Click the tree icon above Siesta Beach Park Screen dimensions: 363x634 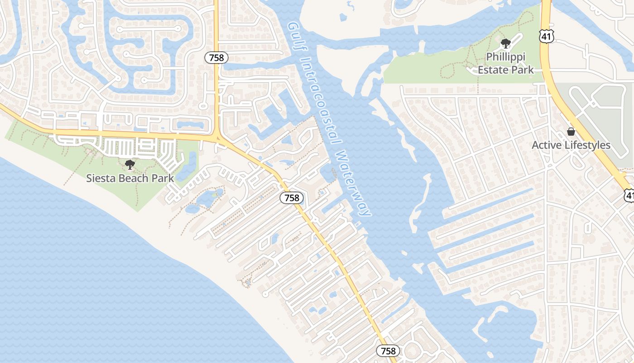point(130,164)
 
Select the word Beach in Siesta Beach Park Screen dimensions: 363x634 point(133,178)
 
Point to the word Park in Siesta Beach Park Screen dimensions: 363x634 point(163,178)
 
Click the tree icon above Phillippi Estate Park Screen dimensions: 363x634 point(505,44)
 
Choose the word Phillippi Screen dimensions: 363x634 point(505,57)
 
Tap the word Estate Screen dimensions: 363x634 point(493,70)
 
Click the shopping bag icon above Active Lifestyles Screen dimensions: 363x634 point(571,132)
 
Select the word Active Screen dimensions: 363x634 point(547,145)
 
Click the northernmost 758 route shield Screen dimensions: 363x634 point(216,58)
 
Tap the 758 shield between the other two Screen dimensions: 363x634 point(292,198)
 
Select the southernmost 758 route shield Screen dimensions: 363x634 point(388,351)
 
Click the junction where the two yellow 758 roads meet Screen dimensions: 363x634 point(217,137)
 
